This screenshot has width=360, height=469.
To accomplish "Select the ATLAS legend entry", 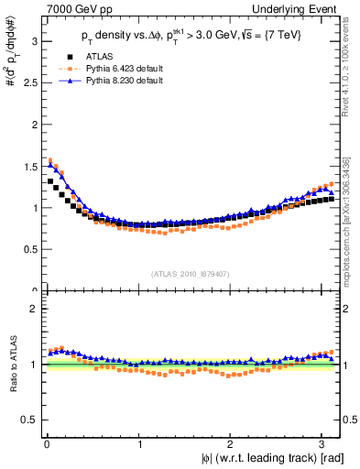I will pos(99,58).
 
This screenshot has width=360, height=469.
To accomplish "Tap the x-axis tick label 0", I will pos(46,442).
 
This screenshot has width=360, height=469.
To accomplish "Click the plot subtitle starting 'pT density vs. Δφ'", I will pos(191,38).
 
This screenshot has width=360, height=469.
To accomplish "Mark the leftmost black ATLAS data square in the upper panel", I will pos(50,181).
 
